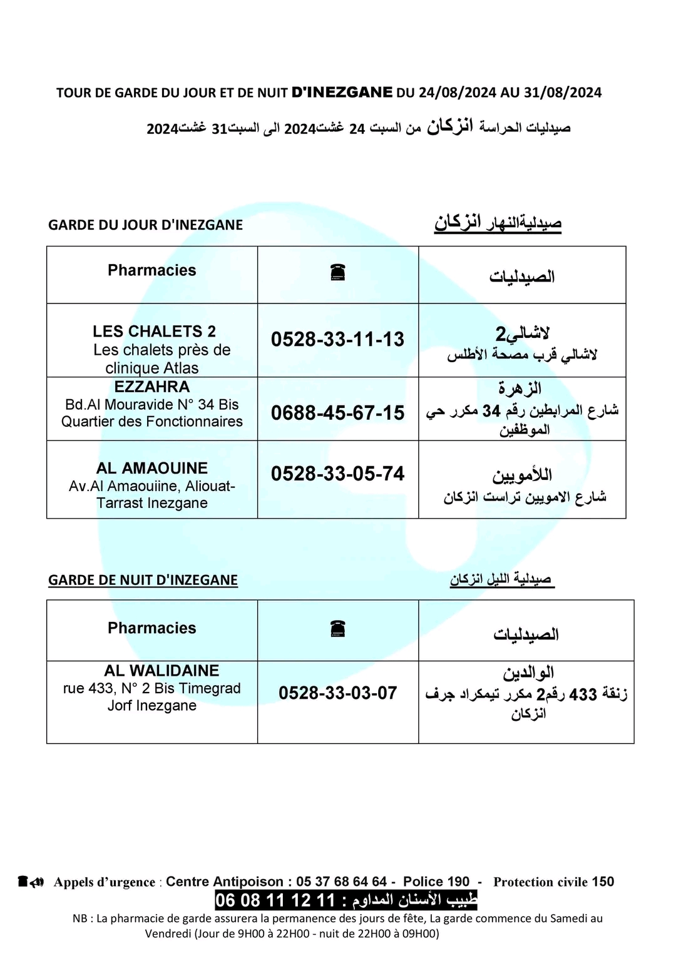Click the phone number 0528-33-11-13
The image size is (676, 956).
tap(337, 339)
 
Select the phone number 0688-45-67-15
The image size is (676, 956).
tap(337, 413)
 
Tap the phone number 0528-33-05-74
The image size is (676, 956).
tap(337, 474)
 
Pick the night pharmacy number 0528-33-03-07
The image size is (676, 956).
tap(337, 693)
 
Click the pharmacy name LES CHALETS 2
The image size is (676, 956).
tap(154, 331)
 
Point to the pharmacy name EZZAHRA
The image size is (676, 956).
tap(152, 387)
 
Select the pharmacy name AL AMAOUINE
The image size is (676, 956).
tap(152, 468)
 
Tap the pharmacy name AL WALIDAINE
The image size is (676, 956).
tap(161, 671)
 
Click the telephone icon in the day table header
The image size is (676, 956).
tap(338, 272)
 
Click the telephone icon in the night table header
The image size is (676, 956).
tap(338, 628)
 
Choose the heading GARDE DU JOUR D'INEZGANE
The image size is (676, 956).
tap(145, 225)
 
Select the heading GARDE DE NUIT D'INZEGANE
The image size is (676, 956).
tap(143, 580)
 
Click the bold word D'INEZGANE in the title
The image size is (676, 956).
tap(342, 93)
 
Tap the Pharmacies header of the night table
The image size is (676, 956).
tap(152, 628)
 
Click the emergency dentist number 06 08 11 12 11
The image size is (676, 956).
tap(275, 900)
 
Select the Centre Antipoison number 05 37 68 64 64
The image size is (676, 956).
tap(342, 882)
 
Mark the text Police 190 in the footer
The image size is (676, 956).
tap(436, 882)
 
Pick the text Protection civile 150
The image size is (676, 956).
tap(554, 882)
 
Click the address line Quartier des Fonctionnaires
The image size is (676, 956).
tap(152, 422)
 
